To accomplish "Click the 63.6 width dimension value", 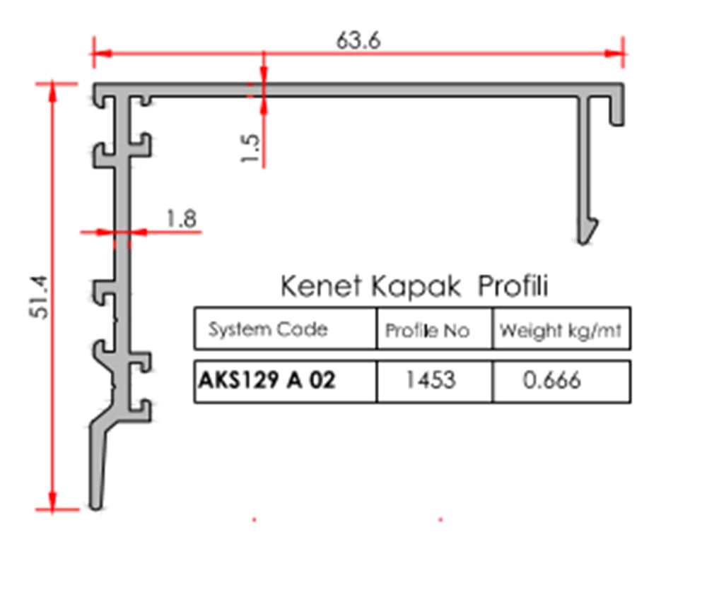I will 358,40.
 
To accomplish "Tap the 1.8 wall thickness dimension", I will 181,218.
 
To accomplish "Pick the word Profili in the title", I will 513,286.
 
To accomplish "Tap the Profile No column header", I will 427,330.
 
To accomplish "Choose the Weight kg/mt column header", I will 560,330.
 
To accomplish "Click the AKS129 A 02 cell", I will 267,380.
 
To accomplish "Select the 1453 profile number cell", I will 430,380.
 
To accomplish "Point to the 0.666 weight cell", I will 551,380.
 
